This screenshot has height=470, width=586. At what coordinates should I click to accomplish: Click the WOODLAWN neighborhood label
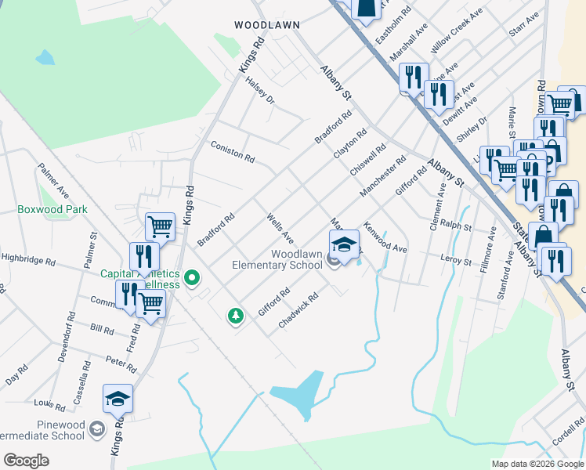(x=267, y=25)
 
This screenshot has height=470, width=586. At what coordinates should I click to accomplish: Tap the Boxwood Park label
(x=53, y=210)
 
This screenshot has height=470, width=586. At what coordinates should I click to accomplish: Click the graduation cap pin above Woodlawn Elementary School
(x=344, y=244)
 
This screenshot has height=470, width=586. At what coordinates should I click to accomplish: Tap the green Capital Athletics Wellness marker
(x=191, y=277)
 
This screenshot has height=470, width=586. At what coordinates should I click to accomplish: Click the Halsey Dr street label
(x=260, y=90)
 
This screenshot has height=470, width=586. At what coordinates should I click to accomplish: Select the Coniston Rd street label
(x=233, y=152)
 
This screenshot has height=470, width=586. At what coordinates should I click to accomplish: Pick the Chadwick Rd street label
(x=298, y=310)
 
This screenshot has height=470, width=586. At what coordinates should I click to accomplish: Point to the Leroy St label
(x=455, y=260)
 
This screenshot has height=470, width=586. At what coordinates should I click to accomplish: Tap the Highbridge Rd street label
(x=27, y=257)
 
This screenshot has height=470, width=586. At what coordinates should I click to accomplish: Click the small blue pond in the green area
(x=45, y=57)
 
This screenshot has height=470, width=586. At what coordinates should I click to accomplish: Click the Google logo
(x=26, y=461)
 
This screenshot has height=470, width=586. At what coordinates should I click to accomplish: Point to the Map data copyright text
(x=537, y=464)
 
